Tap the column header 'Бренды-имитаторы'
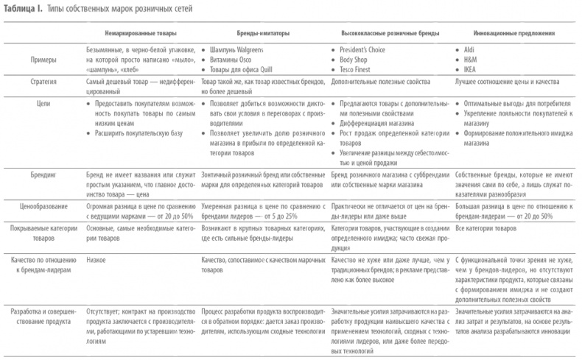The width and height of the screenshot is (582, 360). pos(249,33)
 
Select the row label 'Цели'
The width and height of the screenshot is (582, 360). pos(45,104)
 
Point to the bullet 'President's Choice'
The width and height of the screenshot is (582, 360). pos(366,47)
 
